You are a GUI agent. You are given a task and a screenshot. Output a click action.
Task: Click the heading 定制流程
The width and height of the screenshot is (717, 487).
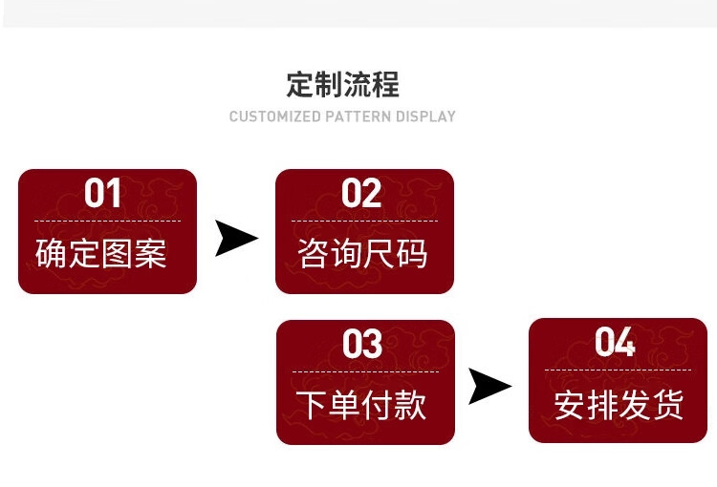(x=343, y=85)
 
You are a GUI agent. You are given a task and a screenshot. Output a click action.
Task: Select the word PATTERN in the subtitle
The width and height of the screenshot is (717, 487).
(x=358, y=116)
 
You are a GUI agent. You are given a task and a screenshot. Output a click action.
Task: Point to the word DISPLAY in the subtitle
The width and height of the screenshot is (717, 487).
(x=425, y=116)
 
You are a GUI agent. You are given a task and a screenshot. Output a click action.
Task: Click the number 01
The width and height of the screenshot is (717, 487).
(x=102, y=193)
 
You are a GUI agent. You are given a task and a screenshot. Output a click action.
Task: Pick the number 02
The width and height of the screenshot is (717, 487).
(x=361, y=193)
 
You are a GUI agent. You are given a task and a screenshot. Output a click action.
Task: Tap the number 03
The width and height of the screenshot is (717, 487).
(x=362, y=344)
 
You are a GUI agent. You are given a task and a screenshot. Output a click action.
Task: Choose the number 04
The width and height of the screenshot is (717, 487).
(x=615, y=342)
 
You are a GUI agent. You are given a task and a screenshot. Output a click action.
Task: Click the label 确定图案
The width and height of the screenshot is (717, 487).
(x=101, y=253)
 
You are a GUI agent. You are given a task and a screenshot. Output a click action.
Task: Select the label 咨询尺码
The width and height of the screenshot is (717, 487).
(x=362, y=253)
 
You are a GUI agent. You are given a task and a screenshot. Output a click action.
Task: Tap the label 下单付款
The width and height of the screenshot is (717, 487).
(x=361, y=405)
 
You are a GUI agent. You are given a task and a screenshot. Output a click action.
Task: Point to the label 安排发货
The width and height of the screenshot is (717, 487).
(x=619, y=405)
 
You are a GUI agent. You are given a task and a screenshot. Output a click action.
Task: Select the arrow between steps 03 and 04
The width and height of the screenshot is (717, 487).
(x=490, y=386)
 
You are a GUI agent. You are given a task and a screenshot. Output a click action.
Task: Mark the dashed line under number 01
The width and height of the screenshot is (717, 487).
(x=107, y=221)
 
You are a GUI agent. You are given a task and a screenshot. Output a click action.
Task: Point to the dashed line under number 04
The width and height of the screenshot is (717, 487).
(x=618, y=370)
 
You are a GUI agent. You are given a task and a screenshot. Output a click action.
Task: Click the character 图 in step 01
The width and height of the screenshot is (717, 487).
(x=117, y=253)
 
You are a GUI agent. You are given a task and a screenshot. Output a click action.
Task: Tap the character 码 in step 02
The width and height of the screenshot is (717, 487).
(x=412, y=253)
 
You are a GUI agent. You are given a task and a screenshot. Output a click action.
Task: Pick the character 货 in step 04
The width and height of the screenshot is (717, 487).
(x=668, y=405)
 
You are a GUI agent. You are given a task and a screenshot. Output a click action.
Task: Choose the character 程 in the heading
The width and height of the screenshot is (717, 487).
(x=386, y=85)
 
